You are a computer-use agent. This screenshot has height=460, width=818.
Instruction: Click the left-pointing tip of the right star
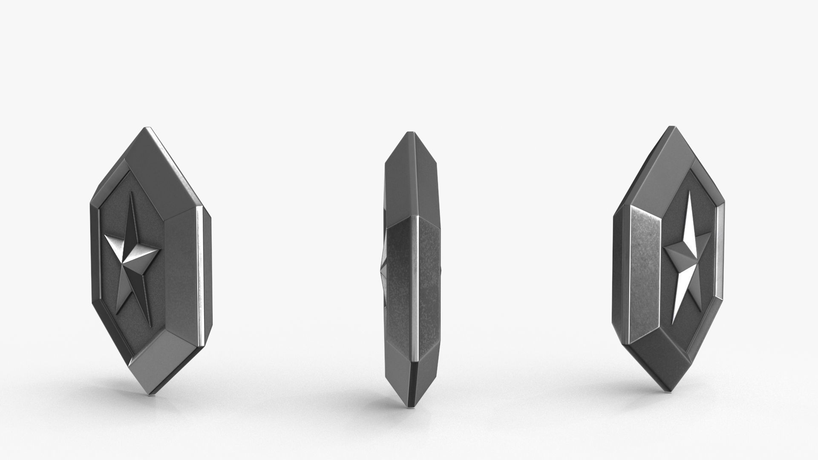click(665, 246)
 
